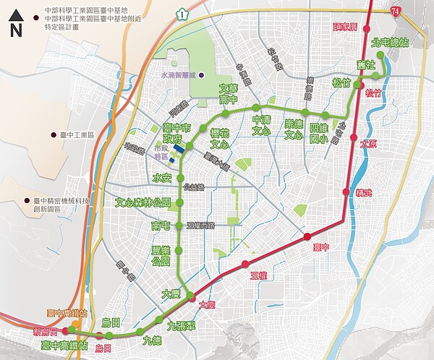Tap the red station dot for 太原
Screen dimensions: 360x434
[354, 144]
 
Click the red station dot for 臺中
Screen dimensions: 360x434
[307, 236]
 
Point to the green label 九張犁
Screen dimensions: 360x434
[180, 326]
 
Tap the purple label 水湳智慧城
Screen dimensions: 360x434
[179, 75]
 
